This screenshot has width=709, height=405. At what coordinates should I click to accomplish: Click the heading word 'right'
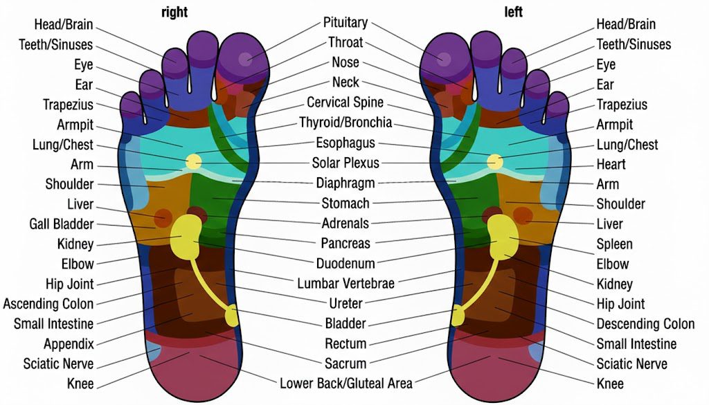pos(174,12)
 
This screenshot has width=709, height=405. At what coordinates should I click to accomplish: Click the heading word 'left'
pos(513,12)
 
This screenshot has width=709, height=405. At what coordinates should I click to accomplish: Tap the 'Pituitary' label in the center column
pos(345,23)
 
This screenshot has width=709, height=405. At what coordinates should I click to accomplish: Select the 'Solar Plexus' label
pos(345,163)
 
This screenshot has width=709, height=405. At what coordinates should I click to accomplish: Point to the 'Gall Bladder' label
pos(62,224)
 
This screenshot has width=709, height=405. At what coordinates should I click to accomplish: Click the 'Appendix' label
pos(69,343)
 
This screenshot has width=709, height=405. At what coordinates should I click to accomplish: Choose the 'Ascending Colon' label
pos(48,303)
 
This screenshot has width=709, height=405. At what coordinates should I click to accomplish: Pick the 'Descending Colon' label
pos(645,323)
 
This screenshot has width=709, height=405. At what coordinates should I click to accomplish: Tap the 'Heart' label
pos(611,164)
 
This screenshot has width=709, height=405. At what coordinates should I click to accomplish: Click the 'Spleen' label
pos(614,244)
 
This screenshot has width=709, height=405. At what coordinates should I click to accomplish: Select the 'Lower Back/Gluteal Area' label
pos(345,383)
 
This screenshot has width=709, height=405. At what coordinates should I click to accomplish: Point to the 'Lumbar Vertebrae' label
pos(345,283)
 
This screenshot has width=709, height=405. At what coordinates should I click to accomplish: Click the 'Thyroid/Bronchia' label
pos(345,123)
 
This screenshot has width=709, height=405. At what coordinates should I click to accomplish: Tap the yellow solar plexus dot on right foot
pos(194,162)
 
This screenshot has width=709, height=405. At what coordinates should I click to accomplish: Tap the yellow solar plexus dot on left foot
pos(494,162)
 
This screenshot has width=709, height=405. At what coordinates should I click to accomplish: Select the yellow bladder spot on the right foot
pos(231,316)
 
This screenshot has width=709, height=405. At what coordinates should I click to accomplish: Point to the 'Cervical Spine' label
pos(345,102)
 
